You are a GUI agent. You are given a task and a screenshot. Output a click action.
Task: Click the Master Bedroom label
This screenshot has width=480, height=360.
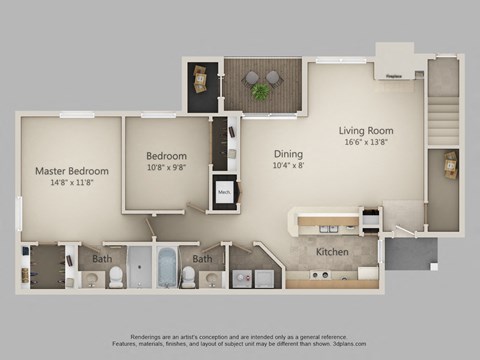click(71, 171)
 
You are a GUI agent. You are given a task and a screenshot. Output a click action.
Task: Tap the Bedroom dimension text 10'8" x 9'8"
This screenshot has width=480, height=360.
click(166, 168)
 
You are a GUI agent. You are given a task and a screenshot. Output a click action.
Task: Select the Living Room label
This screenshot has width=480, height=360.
click(365, 130)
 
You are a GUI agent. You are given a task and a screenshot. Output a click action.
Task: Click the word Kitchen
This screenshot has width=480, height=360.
click(332, 252)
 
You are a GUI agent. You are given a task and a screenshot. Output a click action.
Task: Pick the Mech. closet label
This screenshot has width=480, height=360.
click(224, 193)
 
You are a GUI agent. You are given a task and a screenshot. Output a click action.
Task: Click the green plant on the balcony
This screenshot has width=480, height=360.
click(260, 92)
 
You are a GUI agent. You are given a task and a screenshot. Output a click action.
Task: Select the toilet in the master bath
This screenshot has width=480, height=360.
click(116, 277)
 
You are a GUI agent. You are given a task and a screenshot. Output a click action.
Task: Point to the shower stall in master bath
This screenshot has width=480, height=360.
click(141, 267)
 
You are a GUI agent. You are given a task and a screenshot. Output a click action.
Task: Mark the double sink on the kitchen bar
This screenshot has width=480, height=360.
click(330, 228)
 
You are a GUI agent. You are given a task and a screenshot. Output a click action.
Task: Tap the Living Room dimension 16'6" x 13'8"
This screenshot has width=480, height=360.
click(365, 143)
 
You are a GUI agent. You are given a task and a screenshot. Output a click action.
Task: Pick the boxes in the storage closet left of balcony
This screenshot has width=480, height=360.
click(199, 76)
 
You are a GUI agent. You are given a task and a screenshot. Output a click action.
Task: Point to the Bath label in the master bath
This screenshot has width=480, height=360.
click(102, 259)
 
